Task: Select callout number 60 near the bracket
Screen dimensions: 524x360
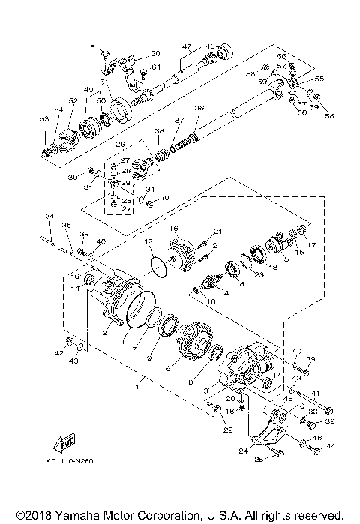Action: [155, 53]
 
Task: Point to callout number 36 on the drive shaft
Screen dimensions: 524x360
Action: [198, 108]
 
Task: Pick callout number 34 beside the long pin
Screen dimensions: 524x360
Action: [49, 216]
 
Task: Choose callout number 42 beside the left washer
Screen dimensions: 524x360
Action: [58, 352]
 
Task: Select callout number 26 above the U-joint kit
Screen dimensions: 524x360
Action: [118, 145]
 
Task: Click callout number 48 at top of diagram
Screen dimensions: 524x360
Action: [211, 46]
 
